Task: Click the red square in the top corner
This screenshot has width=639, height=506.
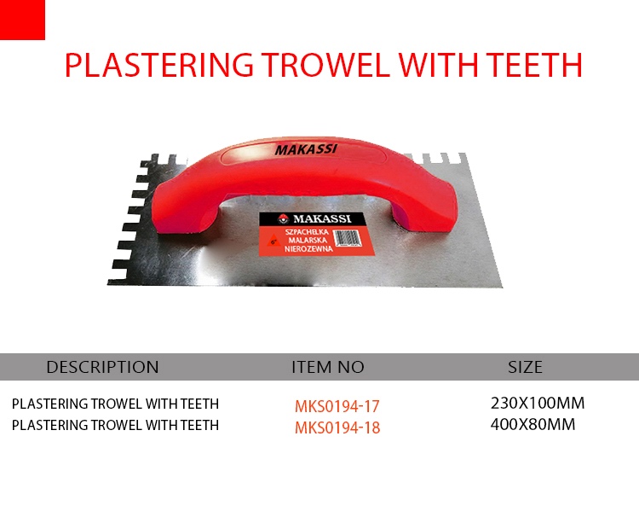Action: click(x=22, y=20)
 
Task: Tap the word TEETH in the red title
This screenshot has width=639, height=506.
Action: click(x=535, y=65)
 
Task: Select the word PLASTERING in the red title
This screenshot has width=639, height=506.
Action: click(x=159, y=65)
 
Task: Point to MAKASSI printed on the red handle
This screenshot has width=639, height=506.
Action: click(x=306, y=149)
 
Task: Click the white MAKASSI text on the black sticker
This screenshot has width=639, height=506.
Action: click(x=322, y=218)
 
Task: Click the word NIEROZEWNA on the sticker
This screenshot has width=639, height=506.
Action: click(x=308, y=248)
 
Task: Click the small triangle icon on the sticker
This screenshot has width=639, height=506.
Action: click(x=273, y=241)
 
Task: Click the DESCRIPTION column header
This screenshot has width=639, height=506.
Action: click(x=103, y=367)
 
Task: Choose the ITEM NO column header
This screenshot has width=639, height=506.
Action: click(x=328, y=367)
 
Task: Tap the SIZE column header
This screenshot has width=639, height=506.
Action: click(x=526, y=367)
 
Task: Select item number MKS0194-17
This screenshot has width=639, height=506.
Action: click(x=337, y=406)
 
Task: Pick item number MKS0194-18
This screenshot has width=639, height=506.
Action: click(x=337, y=427)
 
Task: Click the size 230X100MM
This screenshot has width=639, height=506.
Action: click(x=538, y=403)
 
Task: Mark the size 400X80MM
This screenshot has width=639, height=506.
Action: click(x=533, y=424)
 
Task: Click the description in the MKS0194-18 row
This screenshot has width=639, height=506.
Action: click(x=115, y=425)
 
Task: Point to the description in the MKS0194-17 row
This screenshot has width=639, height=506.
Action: click(x=115, y=404)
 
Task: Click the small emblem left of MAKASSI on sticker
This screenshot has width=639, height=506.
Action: click(x=282, y=218)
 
